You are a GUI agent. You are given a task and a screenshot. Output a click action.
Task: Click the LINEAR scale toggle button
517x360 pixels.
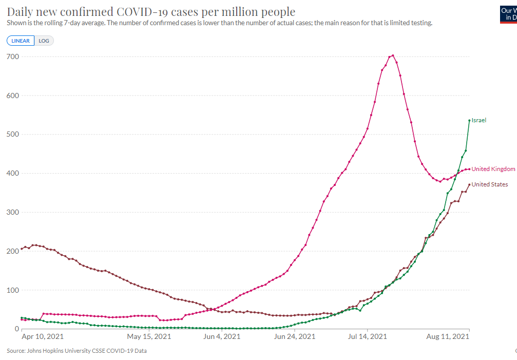tap(21, 41)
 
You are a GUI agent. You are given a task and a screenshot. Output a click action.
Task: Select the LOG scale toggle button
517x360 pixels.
tap(44, 41)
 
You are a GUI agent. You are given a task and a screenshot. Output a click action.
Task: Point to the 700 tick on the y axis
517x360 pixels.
tap(13, 56)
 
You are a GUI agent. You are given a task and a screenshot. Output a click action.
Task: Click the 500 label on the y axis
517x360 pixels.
tap(13, 134)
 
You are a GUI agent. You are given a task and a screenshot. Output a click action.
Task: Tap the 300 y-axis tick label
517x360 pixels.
tap(13, 212)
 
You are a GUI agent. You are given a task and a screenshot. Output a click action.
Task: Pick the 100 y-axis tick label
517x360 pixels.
tap(13, 290)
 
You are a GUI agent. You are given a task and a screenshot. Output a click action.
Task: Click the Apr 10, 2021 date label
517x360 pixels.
tap(43, 336)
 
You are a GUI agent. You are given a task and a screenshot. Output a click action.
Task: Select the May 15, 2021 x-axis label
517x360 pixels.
tap(149, 336)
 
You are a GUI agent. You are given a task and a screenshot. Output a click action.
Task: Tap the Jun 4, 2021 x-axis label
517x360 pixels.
tap(222, 336)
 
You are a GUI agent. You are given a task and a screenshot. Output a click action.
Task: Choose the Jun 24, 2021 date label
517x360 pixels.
tap(295, 336)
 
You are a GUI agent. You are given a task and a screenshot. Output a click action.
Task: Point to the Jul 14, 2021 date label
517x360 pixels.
tap(367, 336)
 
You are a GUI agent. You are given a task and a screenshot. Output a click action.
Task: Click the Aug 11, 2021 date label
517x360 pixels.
tap(447, 336)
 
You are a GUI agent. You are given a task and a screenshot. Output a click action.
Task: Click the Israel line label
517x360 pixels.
tap(479, 120)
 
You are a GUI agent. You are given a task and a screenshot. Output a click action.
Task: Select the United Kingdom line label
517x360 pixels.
tap(493, 169)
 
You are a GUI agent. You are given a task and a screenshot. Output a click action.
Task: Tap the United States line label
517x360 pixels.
tap(490, 184)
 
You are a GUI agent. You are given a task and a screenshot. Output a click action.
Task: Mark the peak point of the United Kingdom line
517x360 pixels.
tap(393, 55)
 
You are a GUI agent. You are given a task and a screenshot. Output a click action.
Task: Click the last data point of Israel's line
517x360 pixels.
tap(469, 121)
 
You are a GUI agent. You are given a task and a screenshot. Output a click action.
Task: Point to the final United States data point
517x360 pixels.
tap(469, 184)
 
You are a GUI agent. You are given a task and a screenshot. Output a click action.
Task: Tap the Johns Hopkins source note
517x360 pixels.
tap(77, 351)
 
